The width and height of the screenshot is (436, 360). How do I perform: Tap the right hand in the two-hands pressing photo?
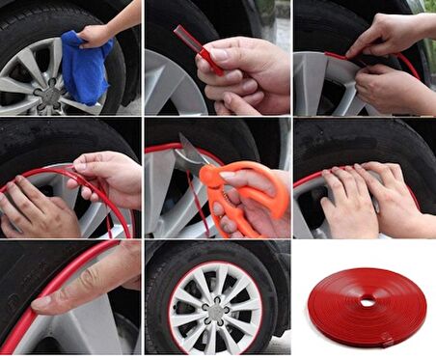395,198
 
